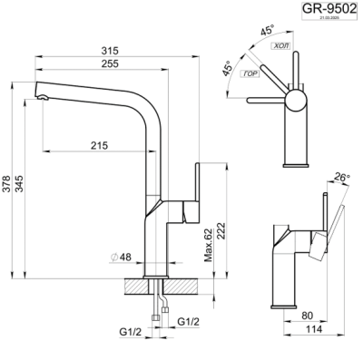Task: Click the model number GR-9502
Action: pos(329,11)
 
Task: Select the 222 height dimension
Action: pos(224,231)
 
